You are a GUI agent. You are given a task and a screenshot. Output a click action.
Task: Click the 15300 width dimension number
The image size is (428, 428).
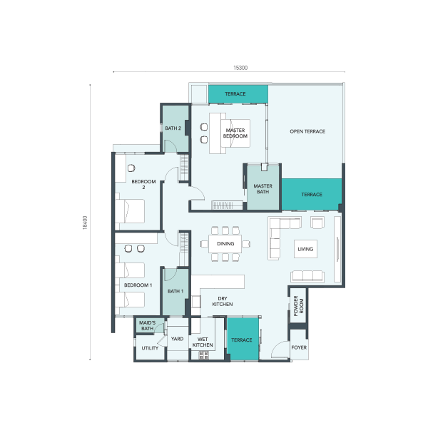click(x=240, y=68)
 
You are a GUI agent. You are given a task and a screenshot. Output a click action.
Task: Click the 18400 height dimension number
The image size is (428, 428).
click(x=85, y=223)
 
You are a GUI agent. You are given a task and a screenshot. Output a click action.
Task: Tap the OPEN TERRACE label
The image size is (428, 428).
click(x=307, y=131)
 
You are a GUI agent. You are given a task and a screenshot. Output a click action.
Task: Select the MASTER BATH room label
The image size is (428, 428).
click(x=263, y=188)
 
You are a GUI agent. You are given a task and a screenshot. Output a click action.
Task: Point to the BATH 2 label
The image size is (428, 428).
click(x=173, y=128)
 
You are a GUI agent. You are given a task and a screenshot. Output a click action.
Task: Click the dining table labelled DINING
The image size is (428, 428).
click(x=225, y=243)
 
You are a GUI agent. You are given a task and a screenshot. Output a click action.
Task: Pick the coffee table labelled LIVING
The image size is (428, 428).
click(x=305, y=249)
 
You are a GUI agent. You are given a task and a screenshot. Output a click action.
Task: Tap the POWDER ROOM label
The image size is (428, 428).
click(x=298, y=306)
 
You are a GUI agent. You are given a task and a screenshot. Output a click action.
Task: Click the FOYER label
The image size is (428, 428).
click(x=299, y=347)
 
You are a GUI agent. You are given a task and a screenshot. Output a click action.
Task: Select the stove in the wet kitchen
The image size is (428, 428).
click(x=203, y=355)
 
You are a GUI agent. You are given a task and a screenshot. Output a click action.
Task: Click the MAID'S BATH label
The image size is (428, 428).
click(x=148, y=325)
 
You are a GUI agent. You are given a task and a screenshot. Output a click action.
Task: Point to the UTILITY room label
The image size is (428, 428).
click(x=150, y=348)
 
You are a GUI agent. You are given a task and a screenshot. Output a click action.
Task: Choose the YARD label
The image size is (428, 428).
click(x=177, y=339)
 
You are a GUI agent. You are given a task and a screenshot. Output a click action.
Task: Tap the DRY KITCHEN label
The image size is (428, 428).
click(x=223, y=301)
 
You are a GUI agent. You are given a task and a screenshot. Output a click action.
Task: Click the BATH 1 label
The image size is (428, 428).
click(x=175, y=291)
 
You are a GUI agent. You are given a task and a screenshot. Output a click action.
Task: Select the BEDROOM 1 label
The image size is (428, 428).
click(x=138, y=285)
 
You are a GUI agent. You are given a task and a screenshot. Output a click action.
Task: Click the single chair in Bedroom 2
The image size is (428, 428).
click(x=131, y=168)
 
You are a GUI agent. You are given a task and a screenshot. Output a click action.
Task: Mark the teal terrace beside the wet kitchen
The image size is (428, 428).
click(x=243, y=339)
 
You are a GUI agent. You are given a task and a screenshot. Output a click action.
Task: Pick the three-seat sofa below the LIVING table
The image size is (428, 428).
click(x=307, y=276)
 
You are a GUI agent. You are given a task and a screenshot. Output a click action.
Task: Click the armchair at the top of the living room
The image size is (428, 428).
click(x=317, y=223)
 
